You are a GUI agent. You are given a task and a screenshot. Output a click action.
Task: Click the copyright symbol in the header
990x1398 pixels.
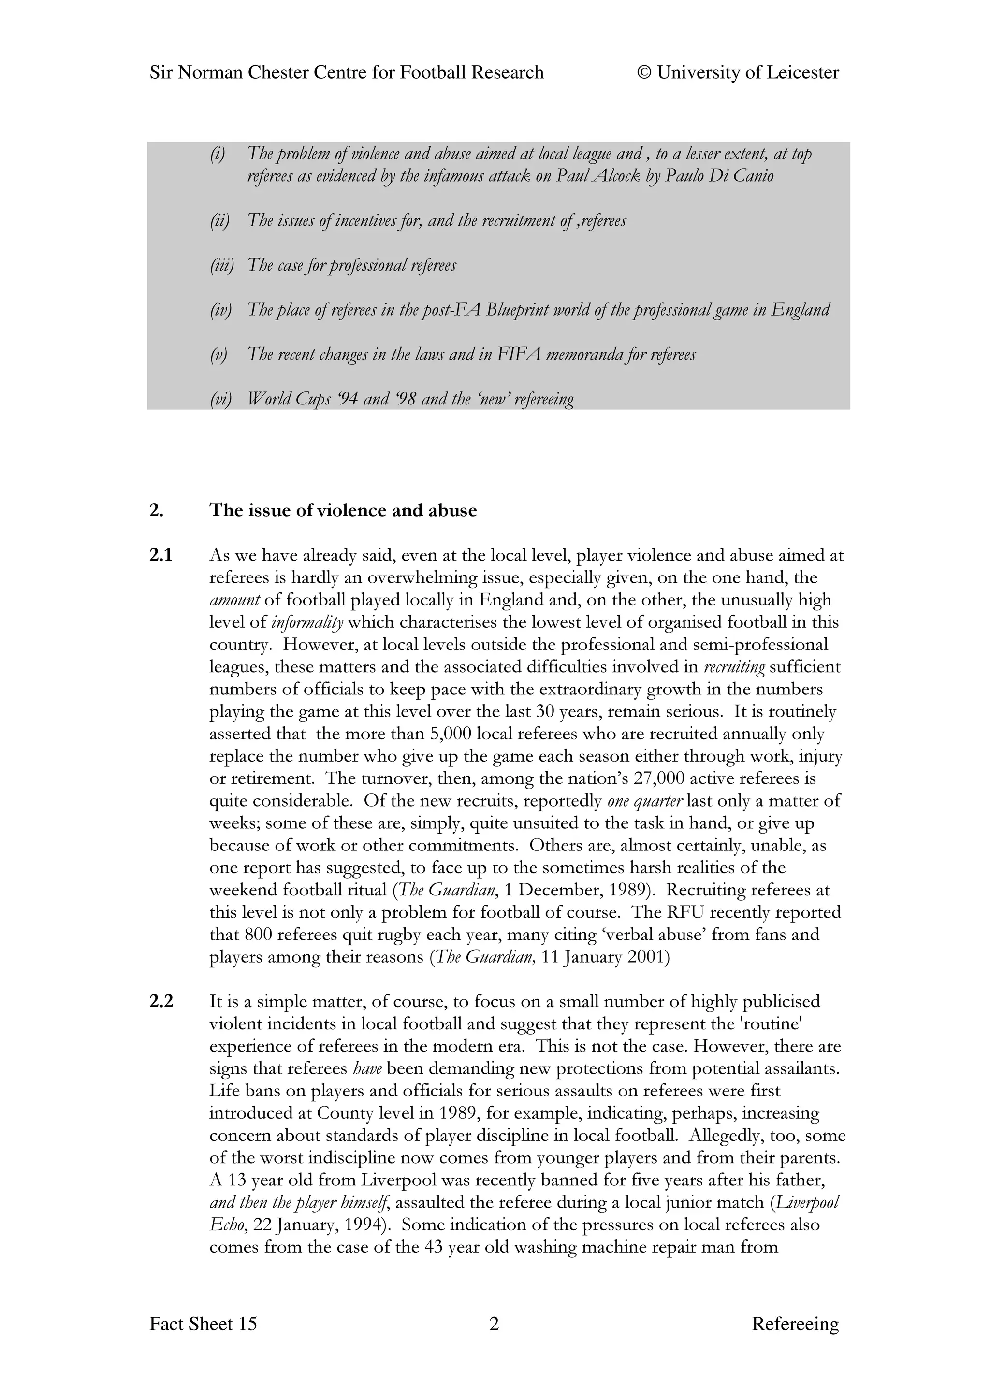click(644, 73)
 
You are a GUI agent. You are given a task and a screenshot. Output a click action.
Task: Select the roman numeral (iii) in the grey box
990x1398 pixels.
click(222, 265)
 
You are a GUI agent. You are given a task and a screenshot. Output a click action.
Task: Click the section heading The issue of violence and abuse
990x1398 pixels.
click(343, 510)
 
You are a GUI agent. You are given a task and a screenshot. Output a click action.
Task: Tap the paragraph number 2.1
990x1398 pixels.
click(161, 555)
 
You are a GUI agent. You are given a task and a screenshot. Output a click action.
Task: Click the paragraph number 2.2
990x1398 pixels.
click(161, 1001)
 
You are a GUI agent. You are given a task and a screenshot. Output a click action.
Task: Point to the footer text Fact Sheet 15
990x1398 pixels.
click(203, 1341)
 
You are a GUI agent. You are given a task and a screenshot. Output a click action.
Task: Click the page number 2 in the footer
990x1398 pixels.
click(495, 1341)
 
